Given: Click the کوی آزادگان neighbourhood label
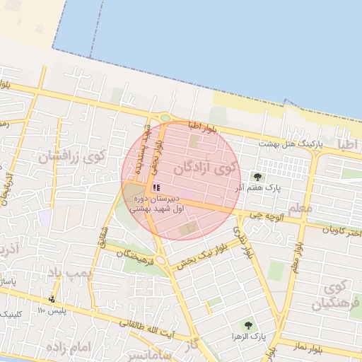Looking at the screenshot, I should [206, 168].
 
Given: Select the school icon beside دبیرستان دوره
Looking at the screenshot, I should [156, 188].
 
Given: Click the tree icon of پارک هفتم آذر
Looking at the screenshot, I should [257, 177].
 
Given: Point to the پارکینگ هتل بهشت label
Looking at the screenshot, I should [290, 144].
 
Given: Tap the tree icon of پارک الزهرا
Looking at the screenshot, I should [247, 325].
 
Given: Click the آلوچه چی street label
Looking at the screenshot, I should [271, 214].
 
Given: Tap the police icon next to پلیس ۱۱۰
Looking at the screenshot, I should [52, 299].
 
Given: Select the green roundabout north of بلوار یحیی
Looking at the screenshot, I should [165, 118].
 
